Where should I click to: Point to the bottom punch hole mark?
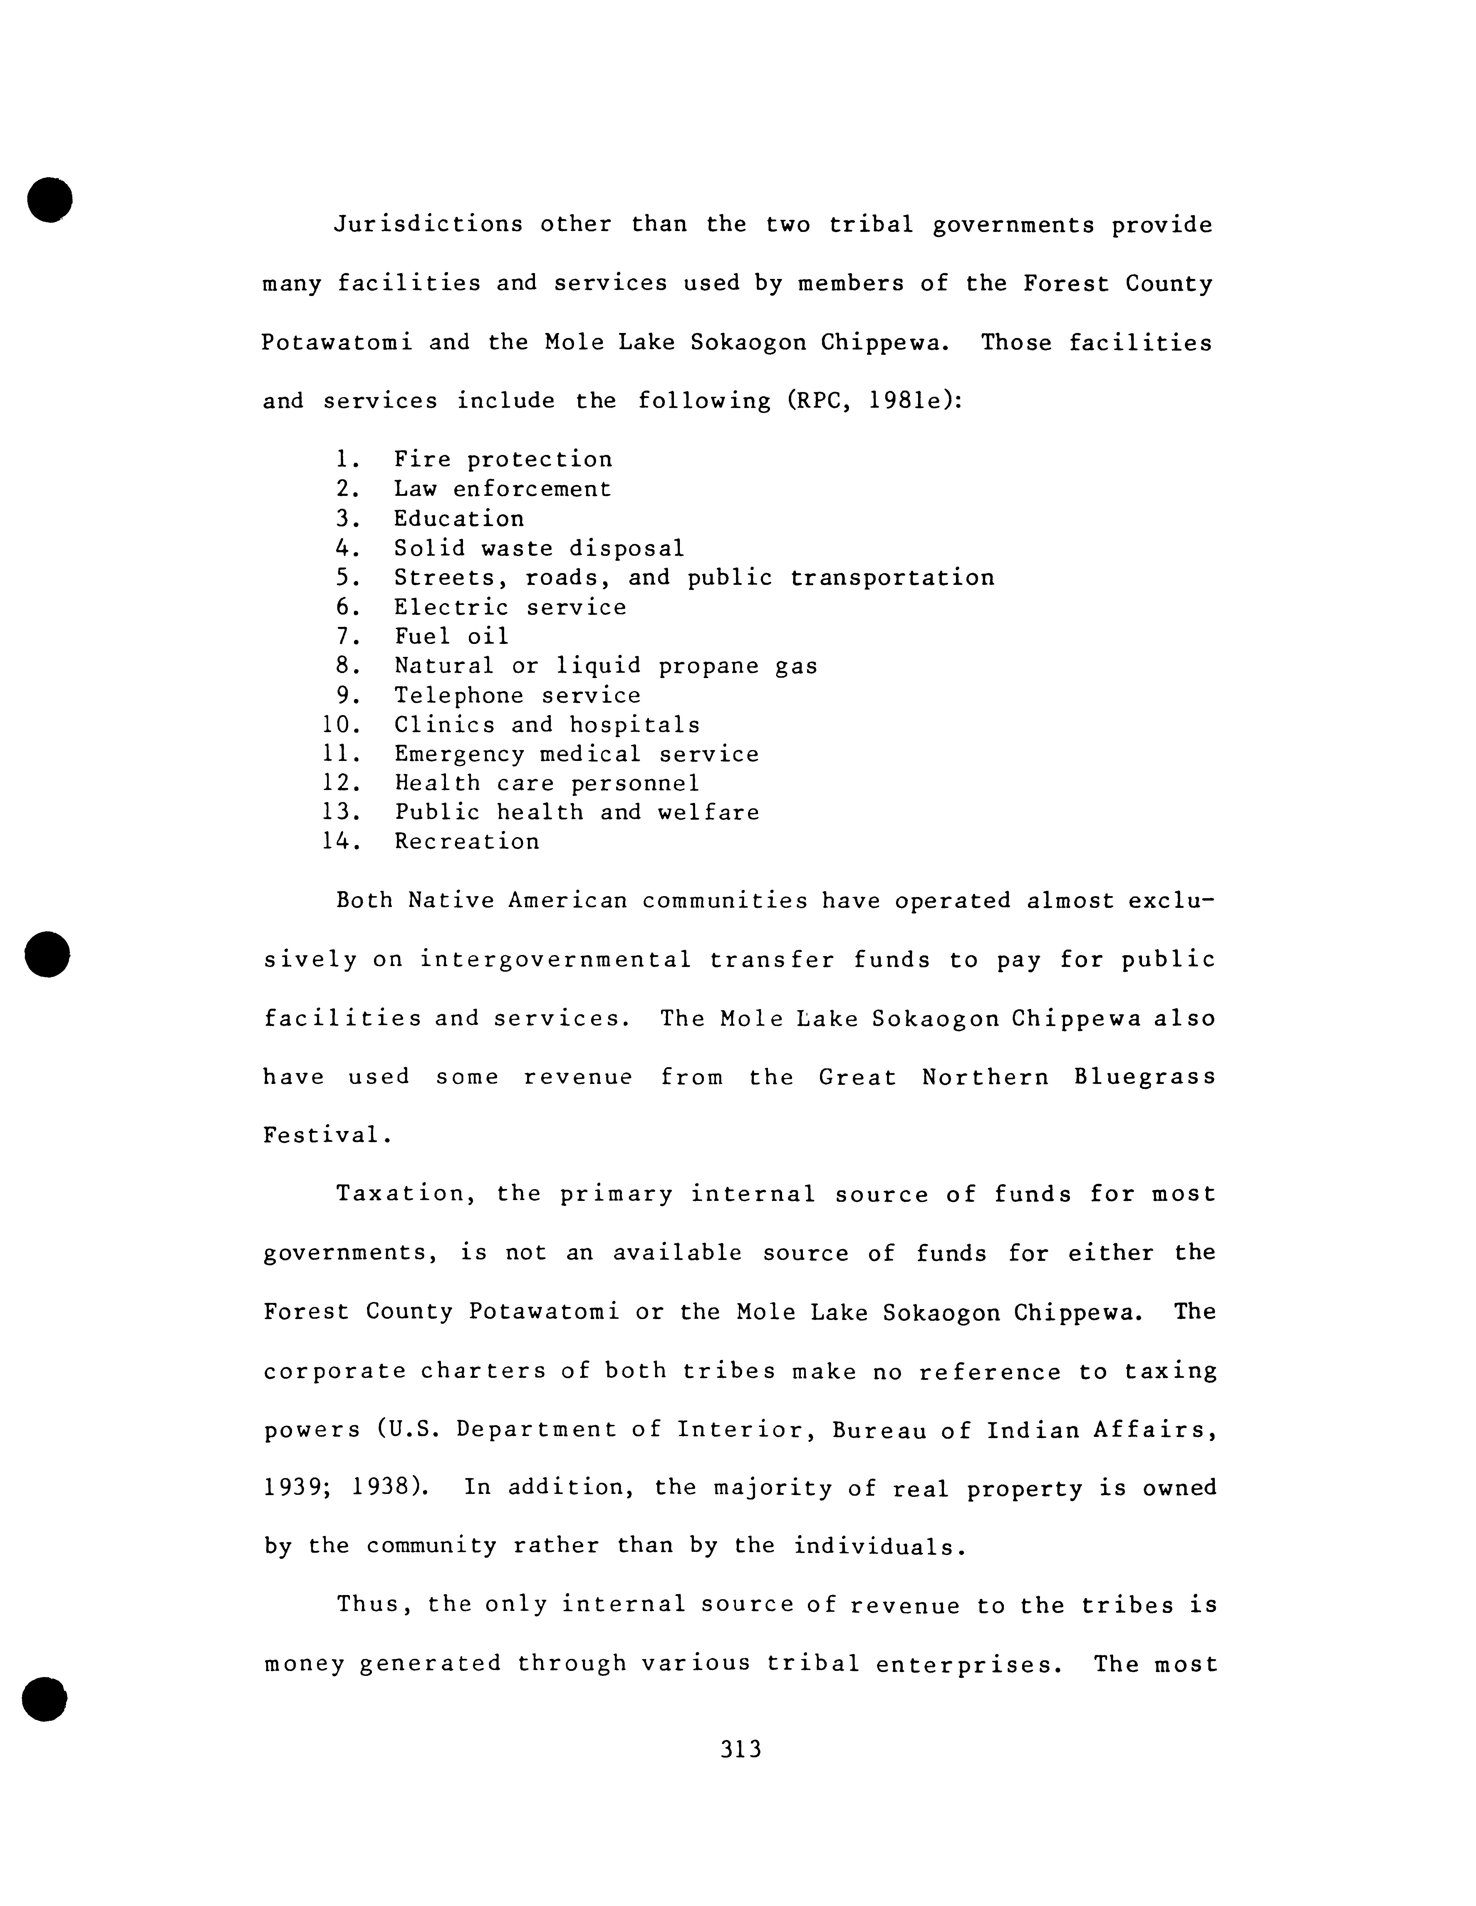click(45, 1699)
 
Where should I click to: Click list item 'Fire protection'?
click(502, 460)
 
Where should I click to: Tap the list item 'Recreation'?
click(467, 842)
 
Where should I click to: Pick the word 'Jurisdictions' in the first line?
click(428, 225)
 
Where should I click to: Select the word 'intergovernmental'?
click(556, 960)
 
